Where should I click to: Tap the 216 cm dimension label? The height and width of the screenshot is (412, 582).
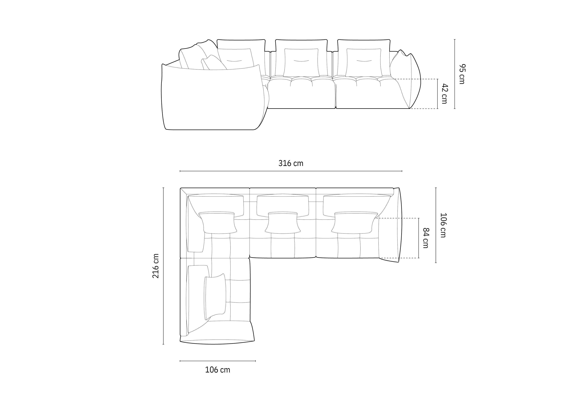pyautogui.click(x=156, y=266)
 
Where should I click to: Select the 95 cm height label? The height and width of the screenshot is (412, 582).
pyautogui.click(x=462, y=74)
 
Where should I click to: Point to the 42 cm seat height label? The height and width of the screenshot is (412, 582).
pyautogui.click(x=444, y=94)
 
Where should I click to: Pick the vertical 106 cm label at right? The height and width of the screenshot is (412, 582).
pyautogui.click(x=443, y=225)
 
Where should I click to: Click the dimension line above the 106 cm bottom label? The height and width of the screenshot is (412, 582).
pyautogui.click(x=218, y=361)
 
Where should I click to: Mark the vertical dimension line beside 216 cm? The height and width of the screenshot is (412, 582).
pyautogui.click(x=163, y=266)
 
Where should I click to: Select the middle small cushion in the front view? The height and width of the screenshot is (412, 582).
pyautogui.click(x=301, y=62)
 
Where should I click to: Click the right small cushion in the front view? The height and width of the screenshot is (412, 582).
pyautogui.click(x=364, y=62)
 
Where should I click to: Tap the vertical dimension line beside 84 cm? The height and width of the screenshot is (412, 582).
pyautogui.click(x=419, y=238)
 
